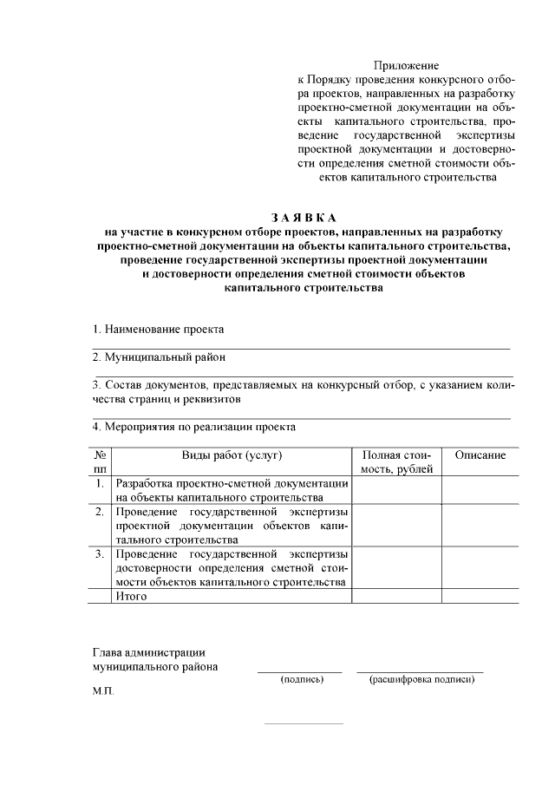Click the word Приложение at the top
coord(407,66)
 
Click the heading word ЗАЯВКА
coord(302,217)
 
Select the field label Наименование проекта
coord(159,330)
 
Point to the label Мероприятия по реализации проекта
coord(194,427)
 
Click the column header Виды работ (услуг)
coord(232,455)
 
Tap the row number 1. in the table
coord(101,483)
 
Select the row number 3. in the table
coord(101,553)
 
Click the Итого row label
coord(132,596)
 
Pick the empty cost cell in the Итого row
coord(396,596)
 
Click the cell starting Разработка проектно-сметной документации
coord(232,490)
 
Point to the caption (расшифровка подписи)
coord(421,680)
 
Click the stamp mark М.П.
coord(103,694)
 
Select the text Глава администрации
coord(148,652)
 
